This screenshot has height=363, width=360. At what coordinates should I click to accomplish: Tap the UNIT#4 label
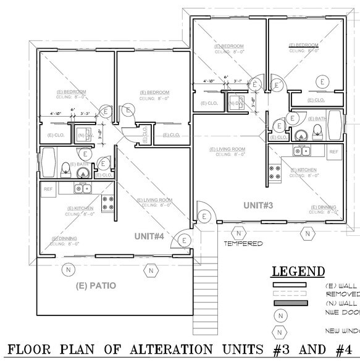click(150, 236)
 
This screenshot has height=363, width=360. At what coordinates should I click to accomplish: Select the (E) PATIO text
click(96, 286)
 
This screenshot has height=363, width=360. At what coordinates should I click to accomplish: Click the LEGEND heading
click(299, 272)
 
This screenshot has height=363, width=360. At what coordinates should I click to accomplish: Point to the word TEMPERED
click(243, 243)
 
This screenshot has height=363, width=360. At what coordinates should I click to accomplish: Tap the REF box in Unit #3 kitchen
click(333, 151)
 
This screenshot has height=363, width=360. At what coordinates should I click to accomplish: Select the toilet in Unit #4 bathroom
click(66, 167)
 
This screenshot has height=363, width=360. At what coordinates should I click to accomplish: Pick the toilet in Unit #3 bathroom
click(316, 130)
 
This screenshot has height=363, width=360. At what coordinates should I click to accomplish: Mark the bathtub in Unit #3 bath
click(334, 126)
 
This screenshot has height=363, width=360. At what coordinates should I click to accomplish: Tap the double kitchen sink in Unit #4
click(83, 189)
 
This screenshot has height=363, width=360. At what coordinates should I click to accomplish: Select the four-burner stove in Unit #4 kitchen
click(108, 203)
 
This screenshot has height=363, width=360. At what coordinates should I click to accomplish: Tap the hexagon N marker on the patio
click(149, 270)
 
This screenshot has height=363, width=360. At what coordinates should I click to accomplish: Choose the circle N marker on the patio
click(68, 269)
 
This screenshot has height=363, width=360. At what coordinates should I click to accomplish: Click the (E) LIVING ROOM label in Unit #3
click(227, 149)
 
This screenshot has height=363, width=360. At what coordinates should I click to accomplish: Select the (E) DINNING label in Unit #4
click(64, 239)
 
